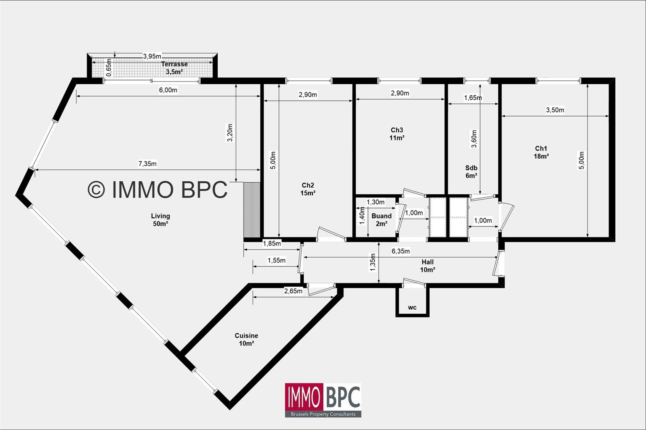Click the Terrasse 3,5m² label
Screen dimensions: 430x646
pos(174,68)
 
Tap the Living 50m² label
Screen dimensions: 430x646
pos(160,220)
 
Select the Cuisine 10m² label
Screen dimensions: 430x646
pos(246,339)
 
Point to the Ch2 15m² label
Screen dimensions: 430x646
pos(308,189)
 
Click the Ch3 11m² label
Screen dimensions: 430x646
pos(397,134)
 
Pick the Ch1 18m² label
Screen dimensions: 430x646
pos(541,152)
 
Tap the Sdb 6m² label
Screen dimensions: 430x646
pos(471,172)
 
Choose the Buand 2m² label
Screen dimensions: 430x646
pos(382,220)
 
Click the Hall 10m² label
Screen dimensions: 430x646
pos(428,266)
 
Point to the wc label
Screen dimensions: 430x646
pos(412,308)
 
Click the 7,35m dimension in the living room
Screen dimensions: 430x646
pos(147,164)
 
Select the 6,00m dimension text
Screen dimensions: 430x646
pos(168,90)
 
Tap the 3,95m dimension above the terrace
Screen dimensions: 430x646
pos(152,57)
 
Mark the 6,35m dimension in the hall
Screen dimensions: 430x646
pos(401,251)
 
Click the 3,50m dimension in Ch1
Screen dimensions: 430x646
pos(555,110)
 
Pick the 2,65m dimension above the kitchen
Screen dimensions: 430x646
pos(293,291)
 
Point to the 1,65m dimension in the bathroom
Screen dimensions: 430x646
pos(473,98)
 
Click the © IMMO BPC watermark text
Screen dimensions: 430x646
pos(157,189)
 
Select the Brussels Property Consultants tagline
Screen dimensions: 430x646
pos(323,414)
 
